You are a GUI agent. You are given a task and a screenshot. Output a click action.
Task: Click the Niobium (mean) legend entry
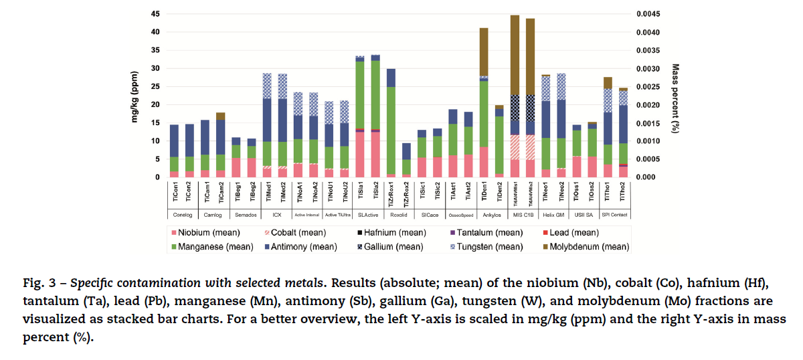coord(204,233)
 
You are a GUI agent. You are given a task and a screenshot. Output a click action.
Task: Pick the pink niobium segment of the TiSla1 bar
coord(360,155)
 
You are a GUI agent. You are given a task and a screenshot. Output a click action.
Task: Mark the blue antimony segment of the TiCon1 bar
coord(174,141)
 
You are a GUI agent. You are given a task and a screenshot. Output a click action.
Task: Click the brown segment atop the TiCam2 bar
coord(220,116)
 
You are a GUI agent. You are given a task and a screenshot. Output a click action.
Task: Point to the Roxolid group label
coord(398,215)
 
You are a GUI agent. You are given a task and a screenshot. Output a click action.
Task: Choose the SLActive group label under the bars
coord(367,215)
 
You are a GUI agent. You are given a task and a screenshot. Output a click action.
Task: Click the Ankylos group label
coord(491,215)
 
